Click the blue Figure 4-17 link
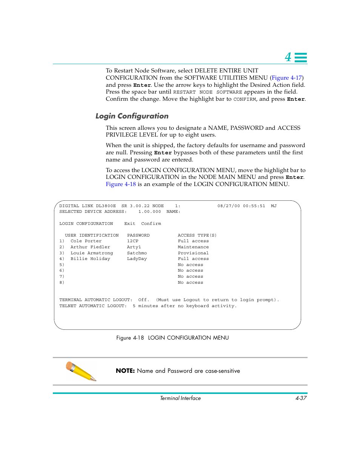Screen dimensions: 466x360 click(286, 78)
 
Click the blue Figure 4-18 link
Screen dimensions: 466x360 click(121, 184)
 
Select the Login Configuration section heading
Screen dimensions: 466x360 click(132, 116)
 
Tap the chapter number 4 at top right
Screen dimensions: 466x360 click(288, 57)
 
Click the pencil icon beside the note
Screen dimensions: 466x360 click(81, 371)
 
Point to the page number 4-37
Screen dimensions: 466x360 click(301, 398)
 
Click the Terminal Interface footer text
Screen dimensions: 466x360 click(180, 398)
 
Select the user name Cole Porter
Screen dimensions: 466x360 click(86, 241)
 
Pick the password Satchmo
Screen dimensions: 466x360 click(137, 253)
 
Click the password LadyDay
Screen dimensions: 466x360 click(137, 259)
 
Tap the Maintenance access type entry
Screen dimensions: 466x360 click(193, 247)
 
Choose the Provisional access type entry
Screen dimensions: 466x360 click(193, 253)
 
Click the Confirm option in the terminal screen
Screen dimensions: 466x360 click(151, 224)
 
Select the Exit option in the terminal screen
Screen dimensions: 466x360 click(130, 224)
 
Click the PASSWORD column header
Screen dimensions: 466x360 click(138, 235)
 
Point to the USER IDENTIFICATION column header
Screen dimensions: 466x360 click(92, 235)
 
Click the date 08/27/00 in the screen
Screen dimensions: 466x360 click(229, 206)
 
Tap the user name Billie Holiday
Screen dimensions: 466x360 click(90, 259)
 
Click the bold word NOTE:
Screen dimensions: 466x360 click(125, 371)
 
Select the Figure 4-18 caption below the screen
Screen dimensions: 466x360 click(172, 338)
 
